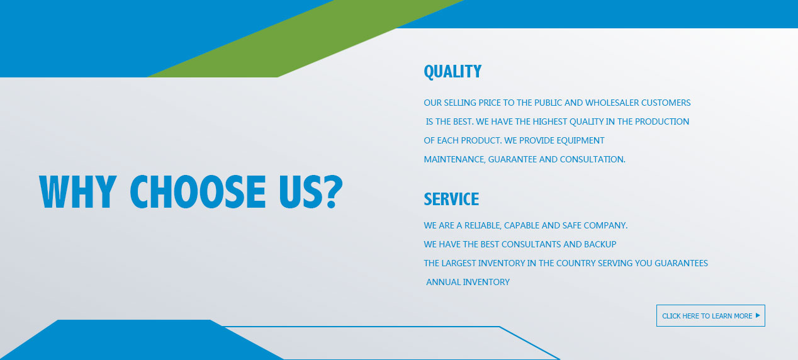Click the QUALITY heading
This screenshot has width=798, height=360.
click(452, 72)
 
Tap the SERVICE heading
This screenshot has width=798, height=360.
click(451, 199)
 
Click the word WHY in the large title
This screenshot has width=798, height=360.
click(77, 192)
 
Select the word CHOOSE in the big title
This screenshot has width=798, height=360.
click(198, 192)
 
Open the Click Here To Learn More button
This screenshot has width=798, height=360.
click(711, 315)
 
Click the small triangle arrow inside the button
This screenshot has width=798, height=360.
click(758, 315)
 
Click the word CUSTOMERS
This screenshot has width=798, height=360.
click(666, 103)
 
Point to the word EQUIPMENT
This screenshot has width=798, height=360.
click(580, 140)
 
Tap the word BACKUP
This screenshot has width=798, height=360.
click(600, 244)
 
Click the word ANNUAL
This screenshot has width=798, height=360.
click(443, 282)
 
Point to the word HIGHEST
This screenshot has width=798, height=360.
click(549, 121)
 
